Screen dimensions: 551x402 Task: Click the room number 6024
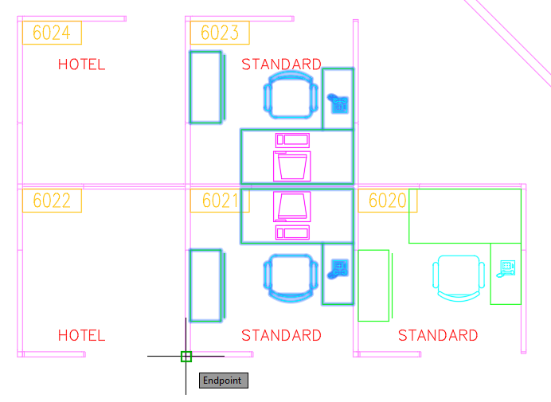tap(52, 33)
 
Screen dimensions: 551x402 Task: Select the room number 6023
tap(220, 33)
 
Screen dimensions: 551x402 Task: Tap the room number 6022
tap(52, 201)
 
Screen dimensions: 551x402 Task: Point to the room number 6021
tap(221, 201)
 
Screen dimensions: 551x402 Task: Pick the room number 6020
tap(388, 201)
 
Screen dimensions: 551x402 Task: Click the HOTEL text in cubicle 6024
tap(81, 64)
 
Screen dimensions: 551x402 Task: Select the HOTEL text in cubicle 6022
tap(81, 336)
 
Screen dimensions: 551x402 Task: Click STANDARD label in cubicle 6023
tap(281, 64)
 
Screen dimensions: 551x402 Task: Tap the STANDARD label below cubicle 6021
tap(281, 336)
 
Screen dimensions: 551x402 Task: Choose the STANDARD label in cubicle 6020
tap(438, 336)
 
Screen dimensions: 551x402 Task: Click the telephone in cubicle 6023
tap(338, 103)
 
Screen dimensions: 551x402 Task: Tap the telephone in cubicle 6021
tap(338, 269)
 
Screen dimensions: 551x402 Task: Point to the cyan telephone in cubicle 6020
tap(506, 268)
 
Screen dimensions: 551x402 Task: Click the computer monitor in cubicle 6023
tap(292, 166)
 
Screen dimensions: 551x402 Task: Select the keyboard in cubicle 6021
tap(292, 233)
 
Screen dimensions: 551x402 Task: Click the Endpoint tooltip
tap(224, 381)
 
